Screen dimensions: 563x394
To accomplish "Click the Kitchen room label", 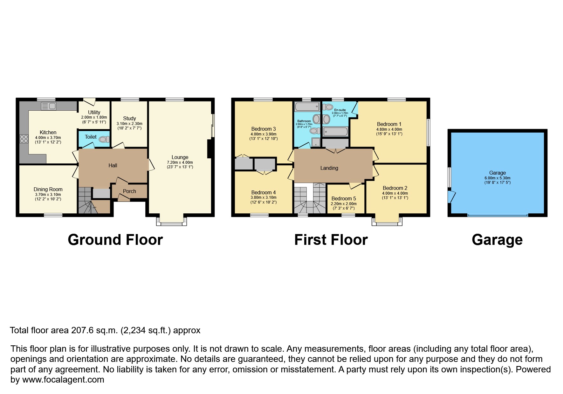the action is tap(48, 132).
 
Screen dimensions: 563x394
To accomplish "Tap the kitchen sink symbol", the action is tap(48, 106).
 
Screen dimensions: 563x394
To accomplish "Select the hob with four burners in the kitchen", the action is tap(24, 139).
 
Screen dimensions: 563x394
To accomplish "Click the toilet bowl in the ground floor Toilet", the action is tap(104, 139).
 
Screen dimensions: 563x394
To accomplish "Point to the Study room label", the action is tap(129, 118).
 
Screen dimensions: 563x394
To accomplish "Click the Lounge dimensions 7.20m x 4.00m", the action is tap(180, 162).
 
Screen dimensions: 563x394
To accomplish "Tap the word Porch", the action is tap(129, 191).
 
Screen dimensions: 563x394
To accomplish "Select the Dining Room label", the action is tap(48, 189).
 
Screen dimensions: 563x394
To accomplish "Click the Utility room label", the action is tap(94, 112).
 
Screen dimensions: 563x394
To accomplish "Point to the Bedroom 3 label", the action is tap(264, 129).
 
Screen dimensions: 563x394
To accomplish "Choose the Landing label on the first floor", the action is tap(329, 168).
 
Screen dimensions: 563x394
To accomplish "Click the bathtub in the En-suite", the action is tap(335, 132).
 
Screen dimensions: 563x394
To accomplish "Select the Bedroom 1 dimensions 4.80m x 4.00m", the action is tap(389, 129).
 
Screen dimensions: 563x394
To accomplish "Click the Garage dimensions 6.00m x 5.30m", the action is tap(498, 178).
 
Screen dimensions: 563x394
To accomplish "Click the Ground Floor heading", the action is tap(115, 240).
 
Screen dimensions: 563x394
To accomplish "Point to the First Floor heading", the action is tap(331, 240).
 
